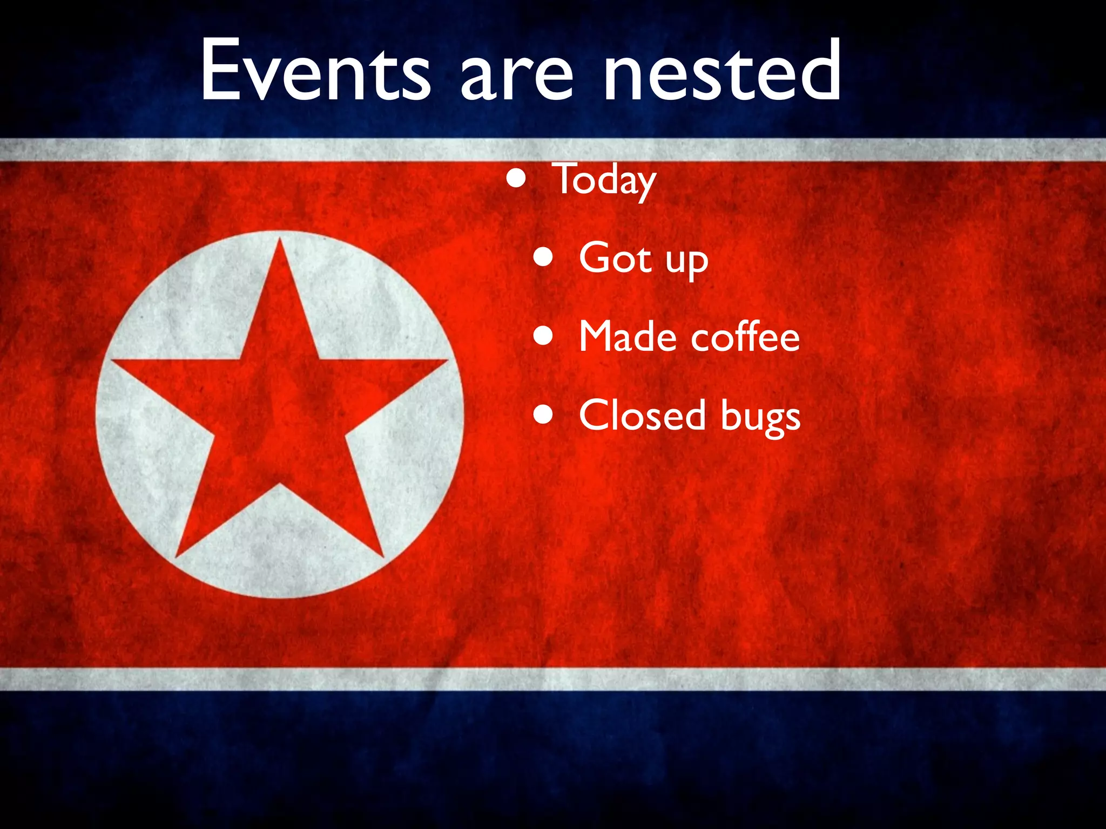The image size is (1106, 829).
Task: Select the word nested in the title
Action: (x=721, y=70)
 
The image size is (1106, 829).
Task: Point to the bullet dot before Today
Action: (x=516, y=179)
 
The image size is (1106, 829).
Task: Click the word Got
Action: (x=615, y=258)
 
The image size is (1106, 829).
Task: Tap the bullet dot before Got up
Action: (x=543, y=258)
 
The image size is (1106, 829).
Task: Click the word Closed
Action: (x=642, y=415)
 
